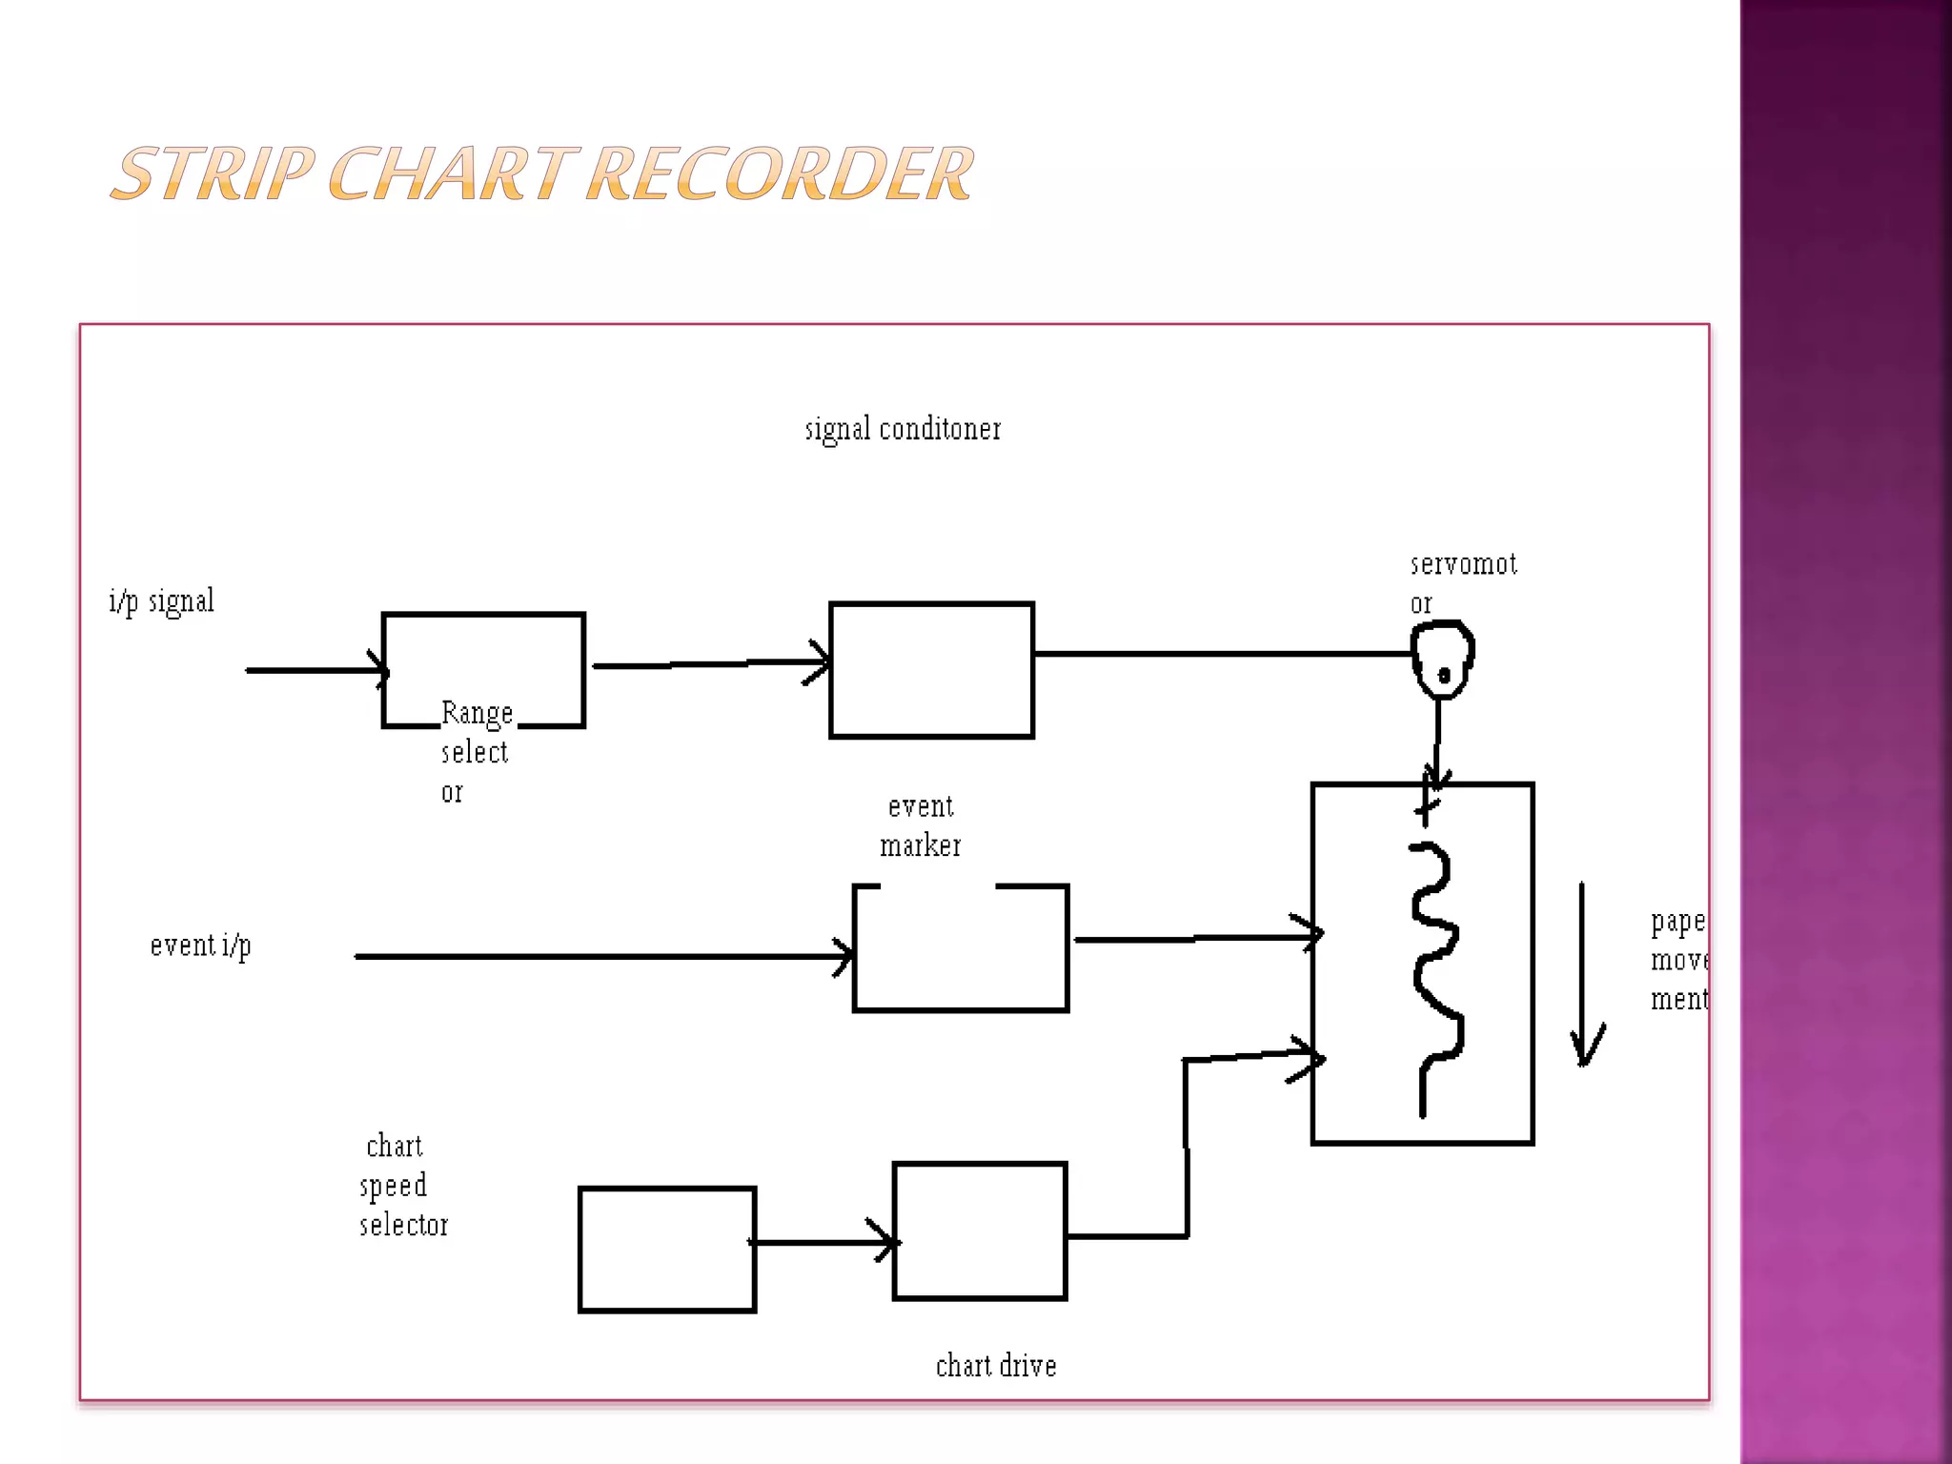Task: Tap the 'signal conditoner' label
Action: [x=902, y=430]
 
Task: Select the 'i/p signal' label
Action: [x=161, y=601]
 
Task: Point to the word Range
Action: [x=477, y=714]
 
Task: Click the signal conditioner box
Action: [x=931, y=670]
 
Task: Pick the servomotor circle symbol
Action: [x=1442, y=659]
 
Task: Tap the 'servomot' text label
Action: [x=1463, y=564]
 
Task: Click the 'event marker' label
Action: [x=920, y=826]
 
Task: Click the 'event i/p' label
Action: [x=200, y=945]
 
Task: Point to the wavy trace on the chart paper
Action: [x=1436, y=972]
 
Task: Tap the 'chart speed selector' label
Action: [x=401, y=1185]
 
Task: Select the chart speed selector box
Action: [x=667, y=1250]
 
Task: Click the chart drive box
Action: [x=979, y=1230]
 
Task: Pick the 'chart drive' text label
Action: [x=995, y=1366]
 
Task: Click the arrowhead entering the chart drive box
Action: [x=886, y=1241]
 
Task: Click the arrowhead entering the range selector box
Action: [x=379, y=669]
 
